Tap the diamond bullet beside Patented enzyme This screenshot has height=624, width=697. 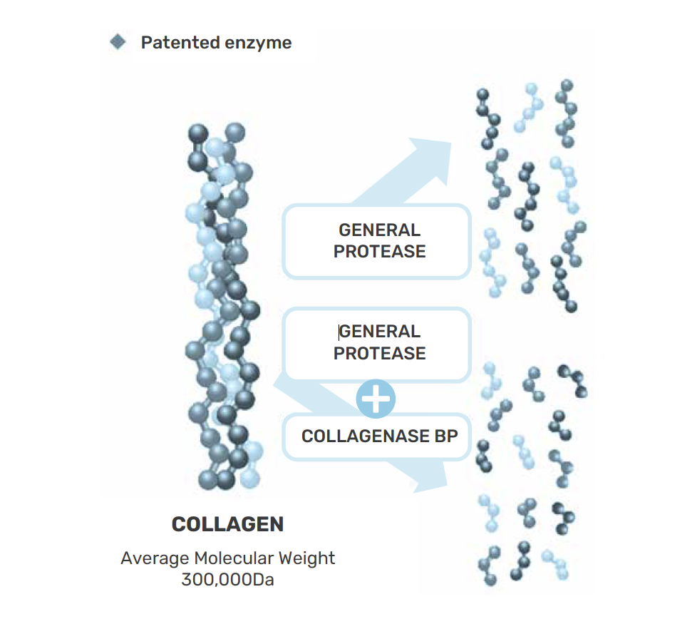[x=118, y=42]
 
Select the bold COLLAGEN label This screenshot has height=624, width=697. [x=227, y=524]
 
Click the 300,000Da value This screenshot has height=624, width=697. [x=227, y=579]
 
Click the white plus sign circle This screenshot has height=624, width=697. [x=376, y=399]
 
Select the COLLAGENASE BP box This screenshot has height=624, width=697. [x=378, y=436]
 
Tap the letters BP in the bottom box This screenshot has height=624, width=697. [x=445, y=436]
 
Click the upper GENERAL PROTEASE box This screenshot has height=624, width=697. [x=377, y=241]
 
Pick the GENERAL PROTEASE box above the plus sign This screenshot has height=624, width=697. [x=377, y=343]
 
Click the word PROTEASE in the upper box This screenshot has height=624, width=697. [x=380, y=252]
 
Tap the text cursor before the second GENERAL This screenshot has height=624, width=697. [x=339, y=332]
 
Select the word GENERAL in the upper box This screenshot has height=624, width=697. [x=380, y=230]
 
